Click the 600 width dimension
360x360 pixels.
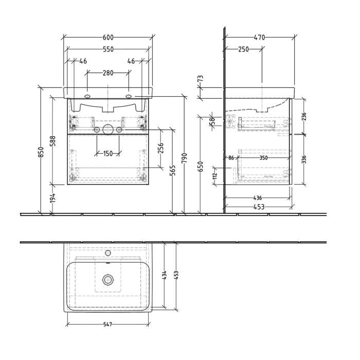[x=108, y=38]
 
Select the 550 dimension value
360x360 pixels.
[x=108, y=49]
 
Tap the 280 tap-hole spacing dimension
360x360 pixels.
[x=108, y=73]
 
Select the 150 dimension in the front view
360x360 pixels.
[x=108, y=154]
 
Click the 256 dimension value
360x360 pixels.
[x=160, y=148]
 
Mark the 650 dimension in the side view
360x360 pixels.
[x=201, y=166]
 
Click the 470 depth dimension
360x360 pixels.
[x=259, y=38]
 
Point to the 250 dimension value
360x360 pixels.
[x=243, y=49]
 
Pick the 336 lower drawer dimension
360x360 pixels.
[x=303, y=158]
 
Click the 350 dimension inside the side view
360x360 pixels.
[x=263, y=158]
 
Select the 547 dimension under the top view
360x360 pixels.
[x=108, y=325]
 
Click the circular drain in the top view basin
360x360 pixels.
[x=108, y=280]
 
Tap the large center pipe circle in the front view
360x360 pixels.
[x=108, y=130]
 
